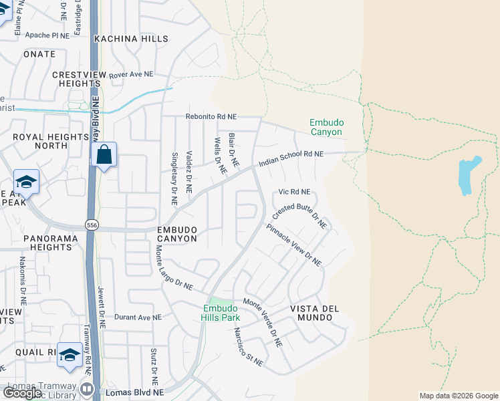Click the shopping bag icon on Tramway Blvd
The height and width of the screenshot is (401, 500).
pos(104,155)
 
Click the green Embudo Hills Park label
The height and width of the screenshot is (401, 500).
pos(221,313)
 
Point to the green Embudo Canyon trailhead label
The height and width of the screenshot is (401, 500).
pos(326,127)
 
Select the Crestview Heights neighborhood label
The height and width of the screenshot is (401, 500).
pos(76,79)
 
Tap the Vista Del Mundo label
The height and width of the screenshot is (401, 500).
pos(311,313)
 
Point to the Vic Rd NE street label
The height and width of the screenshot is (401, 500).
pos(295,192)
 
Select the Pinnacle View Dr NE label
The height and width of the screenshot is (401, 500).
pos(294,245)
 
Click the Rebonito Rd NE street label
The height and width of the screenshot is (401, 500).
pos(210,116)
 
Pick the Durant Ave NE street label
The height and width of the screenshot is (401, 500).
pos(138,317)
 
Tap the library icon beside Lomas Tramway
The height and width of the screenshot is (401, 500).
pos(87,388)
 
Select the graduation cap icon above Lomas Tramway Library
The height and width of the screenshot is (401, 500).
pos(70,355)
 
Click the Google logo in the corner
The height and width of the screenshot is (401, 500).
pos(22,393)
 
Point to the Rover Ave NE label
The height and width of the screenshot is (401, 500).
pos(132,74)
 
